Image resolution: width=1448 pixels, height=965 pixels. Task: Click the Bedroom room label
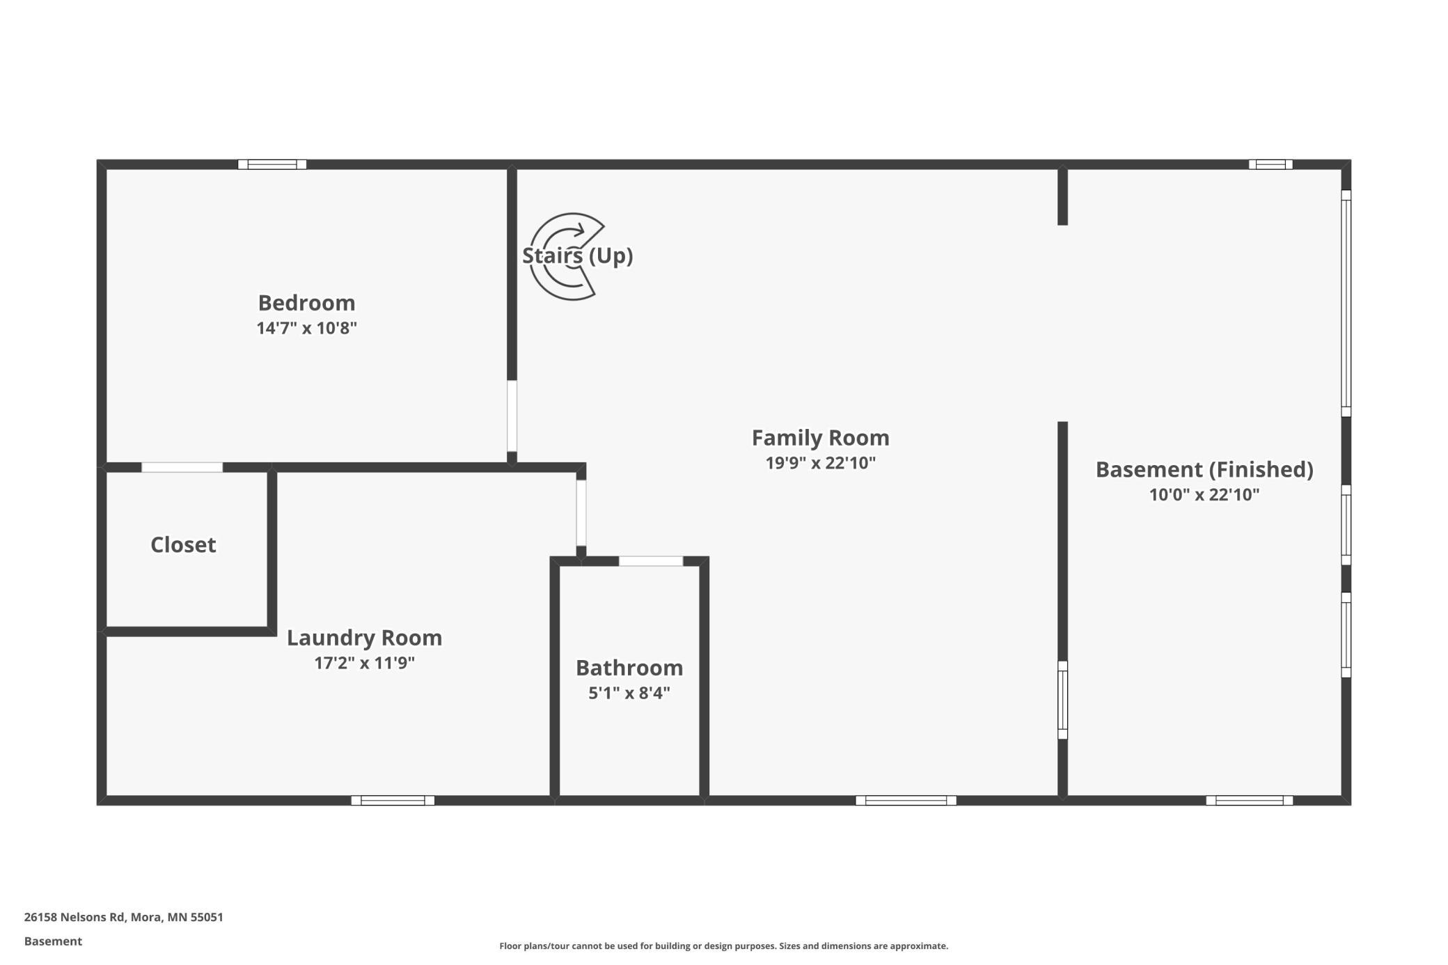point(306,303)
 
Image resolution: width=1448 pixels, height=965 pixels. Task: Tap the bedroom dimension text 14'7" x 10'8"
point(306,328)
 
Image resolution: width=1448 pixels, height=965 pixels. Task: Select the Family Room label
point(820,438)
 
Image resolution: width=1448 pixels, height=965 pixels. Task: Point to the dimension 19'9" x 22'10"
point(820,463)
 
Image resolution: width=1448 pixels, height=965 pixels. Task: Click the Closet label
point(183,544)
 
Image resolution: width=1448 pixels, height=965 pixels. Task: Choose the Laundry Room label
point(364,638)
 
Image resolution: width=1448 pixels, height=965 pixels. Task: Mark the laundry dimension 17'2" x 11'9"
point(364,663)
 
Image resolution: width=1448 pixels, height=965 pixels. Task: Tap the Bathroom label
point(629,668)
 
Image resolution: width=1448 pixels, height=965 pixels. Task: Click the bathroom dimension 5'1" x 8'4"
point(629,693)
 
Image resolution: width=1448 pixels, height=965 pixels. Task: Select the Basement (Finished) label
point(1204,470)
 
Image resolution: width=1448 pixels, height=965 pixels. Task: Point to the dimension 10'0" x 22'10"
point(1204,495)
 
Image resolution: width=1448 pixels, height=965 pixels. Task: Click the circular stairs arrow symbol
point(565,256)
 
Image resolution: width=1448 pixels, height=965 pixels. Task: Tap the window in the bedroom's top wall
point(272,164)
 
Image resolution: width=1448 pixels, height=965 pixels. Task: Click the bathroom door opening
point(651,561)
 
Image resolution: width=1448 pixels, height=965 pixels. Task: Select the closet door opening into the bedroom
point(182,467)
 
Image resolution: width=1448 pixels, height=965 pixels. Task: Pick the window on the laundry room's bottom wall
point(393,801)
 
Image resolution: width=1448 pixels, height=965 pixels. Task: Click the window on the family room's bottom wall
point(906,801)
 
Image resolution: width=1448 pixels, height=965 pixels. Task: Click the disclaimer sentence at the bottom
point(723,946)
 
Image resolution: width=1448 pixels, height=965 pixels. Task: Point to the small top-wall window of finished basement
point(1270,164)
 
